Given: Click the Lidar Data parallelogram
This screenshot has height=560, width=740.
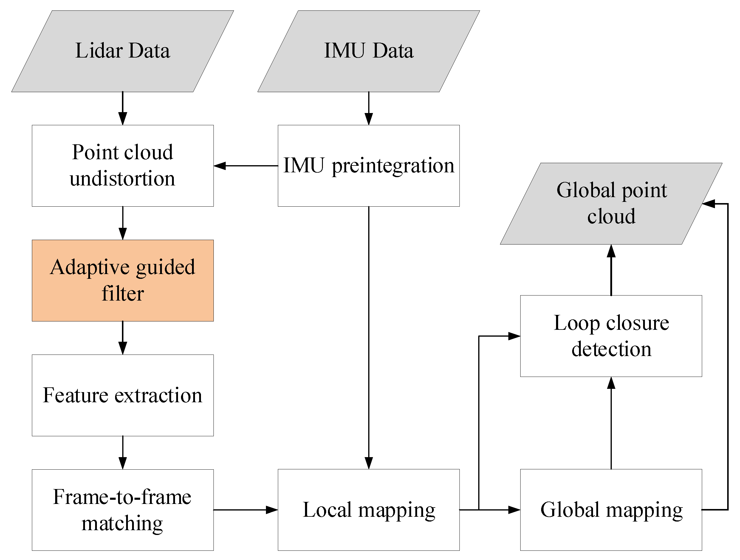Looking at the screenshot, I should [123, 51].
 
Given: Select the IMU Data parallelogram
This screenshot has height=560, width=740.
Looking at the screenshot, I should [369, 51].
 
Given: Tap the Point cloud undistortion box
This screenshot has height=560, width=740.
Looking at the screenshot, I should [123, 165].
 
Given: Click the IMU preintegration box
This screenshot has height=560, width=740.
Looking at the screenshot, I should [369, 165].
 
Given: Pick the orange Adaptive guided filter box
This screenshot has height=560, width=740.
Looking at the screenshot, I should [123, 280].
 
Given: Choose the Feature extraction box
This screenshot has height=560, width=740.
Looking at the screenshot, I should [123, 395].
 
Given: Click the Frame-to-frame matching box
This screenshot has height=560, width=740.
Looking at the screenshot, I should [123, 510].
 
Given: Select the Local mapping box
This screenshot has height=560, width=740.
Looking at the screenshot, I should [369, 510].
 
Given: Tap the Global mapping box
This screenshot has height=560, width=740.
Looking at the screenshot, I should [611, 510].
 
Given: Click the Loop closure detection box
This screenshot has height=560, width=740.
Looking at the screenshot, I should [611, 336].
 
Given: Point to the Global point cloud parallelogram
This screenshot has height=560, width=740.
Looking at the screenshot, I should [611, 203].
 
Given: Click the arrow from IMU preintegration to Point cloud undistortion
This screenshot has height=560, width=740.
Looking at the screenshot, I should [246, 165].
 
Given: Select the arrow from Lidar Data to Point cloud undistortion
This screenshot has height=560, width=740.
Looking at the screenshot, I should [123, 108].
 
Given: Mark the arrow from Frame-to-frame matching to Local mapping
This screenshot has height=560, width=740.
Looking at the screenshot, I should [246, 510].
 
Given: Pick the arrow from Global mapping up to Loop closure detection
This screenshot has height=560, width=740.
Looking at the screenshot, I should [611, 423].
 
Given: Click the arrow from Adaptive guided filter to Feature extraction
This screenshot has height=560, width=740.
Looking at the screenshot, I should [123, 338].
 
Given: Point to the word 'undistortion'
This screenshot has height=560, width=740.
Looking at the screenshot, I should [123, 179].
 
